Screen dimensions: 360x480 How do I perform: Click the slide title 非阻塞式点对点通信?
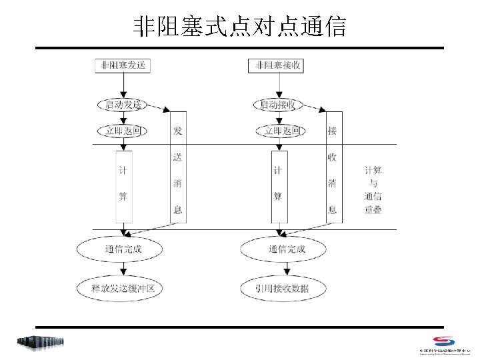[x=239, y=27]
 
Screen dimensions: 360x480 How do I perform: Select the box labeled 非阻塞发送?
[x=123, y=65]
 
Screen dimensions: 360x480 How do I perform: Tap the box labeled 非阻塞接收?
[x=278, y=65]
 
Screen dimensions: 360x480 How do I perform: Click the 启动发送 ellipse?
[x=123, y=105]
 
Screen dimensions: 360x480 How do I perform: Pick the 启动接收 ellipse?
[x=278, y=105]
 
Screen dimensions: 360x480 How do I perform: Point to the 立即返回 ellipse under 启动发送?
[x=123, y=131]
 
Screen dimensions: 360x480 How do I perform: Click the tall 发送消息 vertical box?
[x=178, y=169]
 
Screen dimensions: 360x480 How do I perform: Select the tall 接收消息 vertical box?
[x=333, y=169]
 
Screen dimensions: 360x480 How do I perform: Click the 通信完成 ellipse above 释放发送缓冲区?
[x=123, y=249]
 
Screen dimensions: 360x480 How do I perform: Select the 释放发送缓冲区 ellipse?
[x=123, y=289]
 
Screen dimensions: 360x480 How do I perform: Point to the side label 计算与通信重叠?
[x=373, y=190]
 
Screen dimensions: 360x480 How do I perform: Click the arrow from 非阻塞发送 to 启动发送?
[x=123, y=85]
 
